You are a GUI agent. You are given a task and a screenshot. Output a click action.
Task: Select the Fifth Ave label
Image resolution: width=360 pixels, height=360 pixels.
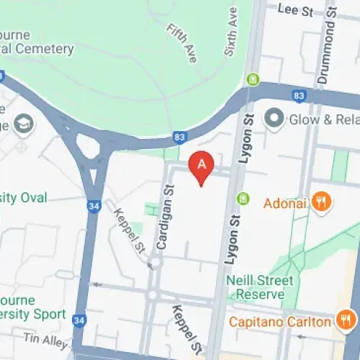[181, 44]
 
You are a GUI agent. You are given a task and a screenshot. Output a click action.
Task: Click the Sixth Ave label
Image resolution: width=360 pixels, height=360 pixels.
[230, 32]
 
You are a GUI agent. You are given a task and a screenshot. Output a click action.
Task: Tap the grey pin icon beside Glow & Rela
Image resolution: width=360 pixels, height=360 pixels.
[274, 119]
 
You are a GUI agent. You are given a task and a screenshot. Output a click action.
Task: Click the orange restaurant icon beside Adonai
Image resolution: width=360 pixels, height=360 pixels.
[322, 202]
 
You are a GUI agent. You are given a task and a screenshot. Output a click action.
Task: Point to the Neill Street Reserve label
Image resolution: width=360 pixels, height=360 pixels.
[259, 287]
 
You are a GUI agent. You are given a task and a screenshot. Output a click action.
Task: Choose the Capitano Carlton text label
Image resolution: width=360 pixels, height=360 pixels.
[280, 321]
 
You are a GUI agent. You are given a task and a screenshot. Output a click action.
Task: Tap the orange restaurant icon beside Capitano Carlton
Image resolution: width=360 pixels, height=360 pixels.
[346, 320]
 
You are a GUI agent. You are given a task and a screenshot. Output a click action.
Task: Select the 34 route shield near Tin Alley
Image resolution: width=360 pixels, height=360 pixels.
[79, 320]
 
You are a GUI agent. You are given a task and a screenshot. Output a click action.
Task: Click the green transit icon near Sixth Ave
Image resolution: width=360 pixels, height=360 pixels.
[253, 80]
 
